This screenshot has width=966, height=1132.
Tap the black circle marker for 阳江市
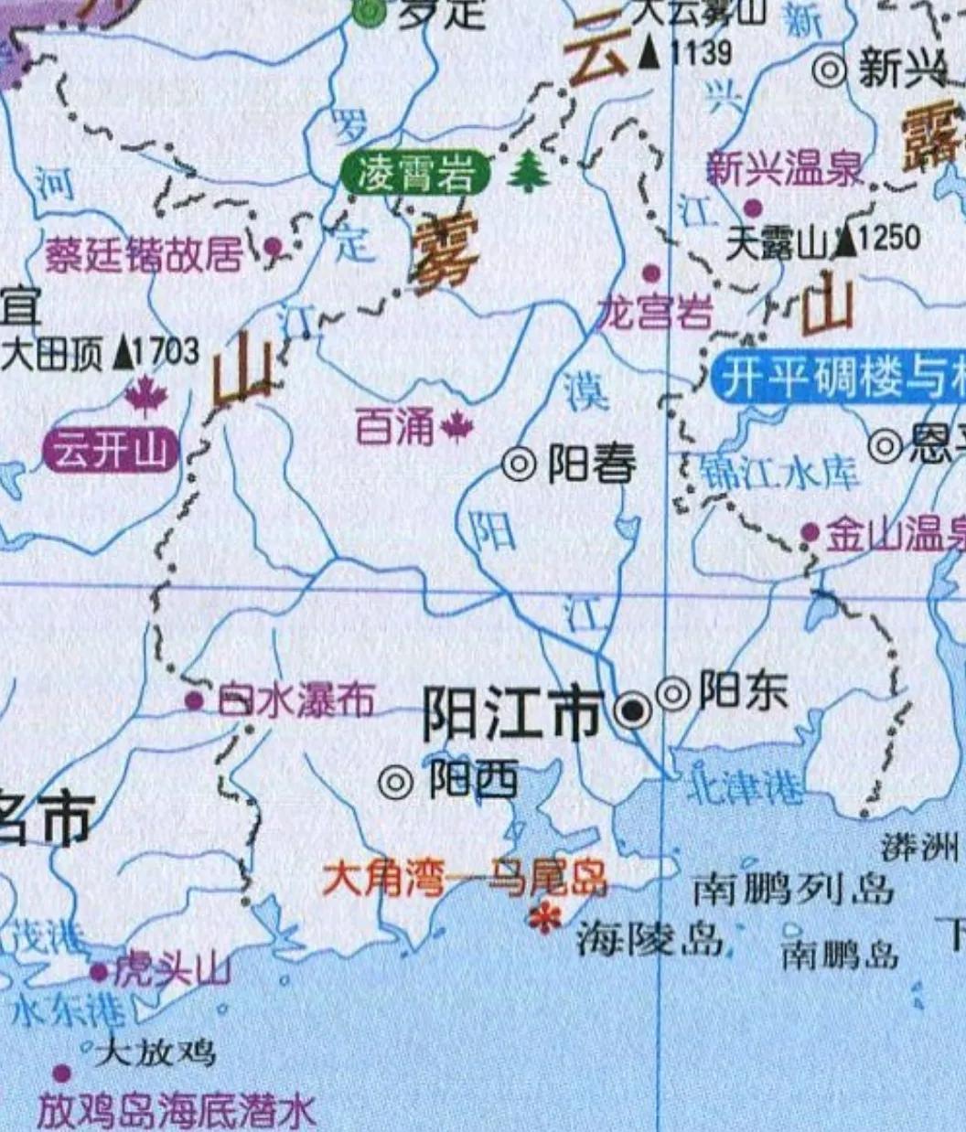pos(632,710)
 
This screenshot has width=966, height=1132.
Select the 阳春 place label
pos(592,465)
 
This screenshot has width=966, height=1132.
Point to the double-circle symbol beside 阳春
pos(520,465)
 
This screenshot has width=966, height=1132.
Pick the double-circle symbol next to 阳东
pos(673,694)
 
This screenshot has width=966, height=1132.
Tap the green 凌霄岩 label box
pos(414,174)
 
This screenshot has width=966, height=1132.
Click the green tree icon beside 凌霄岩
pos(528,172)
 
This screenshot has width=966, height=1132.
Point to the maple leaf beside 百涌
pos(456,426)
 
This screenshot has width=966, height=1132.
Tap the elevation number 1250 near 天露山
pos(889,240)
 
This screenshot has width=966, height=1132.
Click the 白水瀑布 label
pos(296,701)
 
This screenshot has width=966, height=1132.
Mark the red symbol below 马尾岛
pos(546,919)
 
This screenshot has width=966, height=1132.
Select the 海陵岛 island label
pos(649,938)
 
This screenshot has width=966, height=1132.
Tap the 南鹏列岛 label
pos(792,888)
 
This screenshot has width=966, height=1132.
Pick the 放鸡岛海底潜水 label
pos(176,1111)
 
